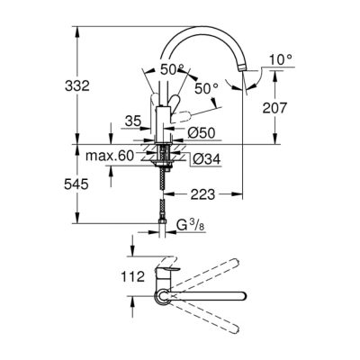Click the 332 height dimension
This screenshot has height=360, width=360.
click(x=77, y=86)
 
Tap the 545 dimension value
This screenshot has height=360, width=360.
click(x=76, y=184)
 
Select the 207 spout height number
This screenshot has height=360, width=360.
click(x=274, y=108)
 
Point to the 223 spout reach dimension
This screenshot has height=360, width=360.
click(x=203, y=194)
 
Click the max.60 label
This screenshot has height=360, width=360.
click(x=110, y=156)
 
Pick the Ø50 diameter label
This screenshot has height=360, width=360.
click(x=202, y=132)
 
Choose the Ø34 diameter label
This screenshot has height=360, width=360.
click(x=207, y=158)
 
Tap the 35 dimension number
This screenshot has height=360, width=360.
click(x=133, y=121)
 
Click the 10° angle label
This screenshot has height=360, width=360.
click(x=281, y=60)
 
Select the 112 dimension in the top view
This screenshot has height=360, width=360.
click(x=132, y=276)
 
